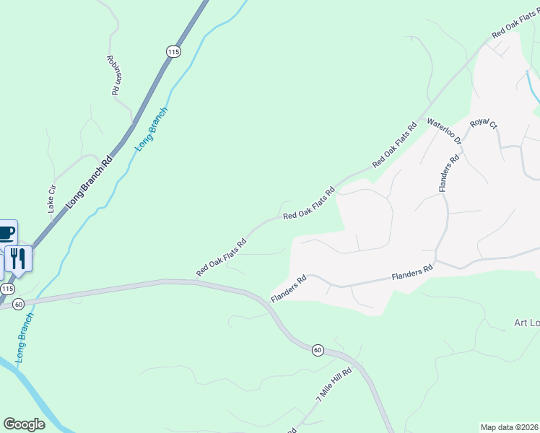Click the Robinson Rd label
point(112,76)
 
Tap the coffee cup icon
point(6,233)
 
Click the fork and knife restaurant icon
point(19,258)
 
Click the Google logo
point(24,424)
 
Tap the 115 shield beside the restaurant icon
point(7,289)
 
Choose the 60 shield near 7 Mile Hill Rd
point(317,350)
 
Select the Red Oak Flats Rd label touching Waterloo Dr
point(395,146)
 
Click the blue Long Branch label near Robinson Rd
point(151,128)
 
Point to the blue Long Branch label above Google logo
point(22,338)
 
